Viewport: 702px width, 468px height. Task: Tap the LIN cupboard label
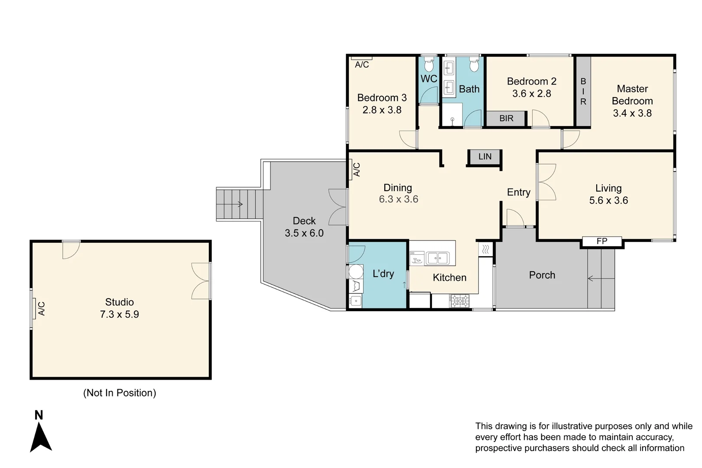pos(485,156)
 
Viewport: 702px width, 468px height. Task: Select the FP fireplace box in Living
pos(601,241)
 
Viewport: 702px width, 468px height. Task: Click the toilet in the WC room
pos(429,65)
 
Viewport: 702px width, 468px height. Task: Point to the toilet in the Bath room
pos(474,65)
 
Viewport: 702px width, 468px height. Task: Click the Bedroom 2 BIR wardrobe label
pos(506,118)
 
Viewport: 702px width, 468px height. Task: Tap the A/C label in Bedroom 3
pos(362,65)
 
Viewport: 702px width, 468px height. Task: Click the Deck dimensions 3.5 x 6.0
pos(304,233)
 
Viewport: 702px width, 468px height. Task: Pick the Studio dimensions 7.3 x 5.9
pos(120,315)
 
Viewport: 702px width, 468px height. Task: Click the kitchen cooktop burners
pos(459,300)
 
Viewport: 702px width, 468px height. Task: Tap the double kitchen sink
pos(437,258)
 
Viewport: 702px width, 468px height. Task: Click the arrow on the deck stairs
pos(239,204)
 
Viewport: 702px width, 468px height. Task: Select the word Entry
pos(519,192)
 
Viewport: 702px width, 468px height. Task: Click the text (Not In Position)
pos(120,393)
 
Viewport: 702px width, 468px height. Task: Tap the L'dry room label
pos(383,274)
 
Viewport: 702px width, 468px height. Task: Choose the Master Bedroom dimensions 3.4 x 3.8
pos(632,113)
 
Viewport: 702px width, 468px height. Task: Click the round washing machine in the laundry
pos(356,272)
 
